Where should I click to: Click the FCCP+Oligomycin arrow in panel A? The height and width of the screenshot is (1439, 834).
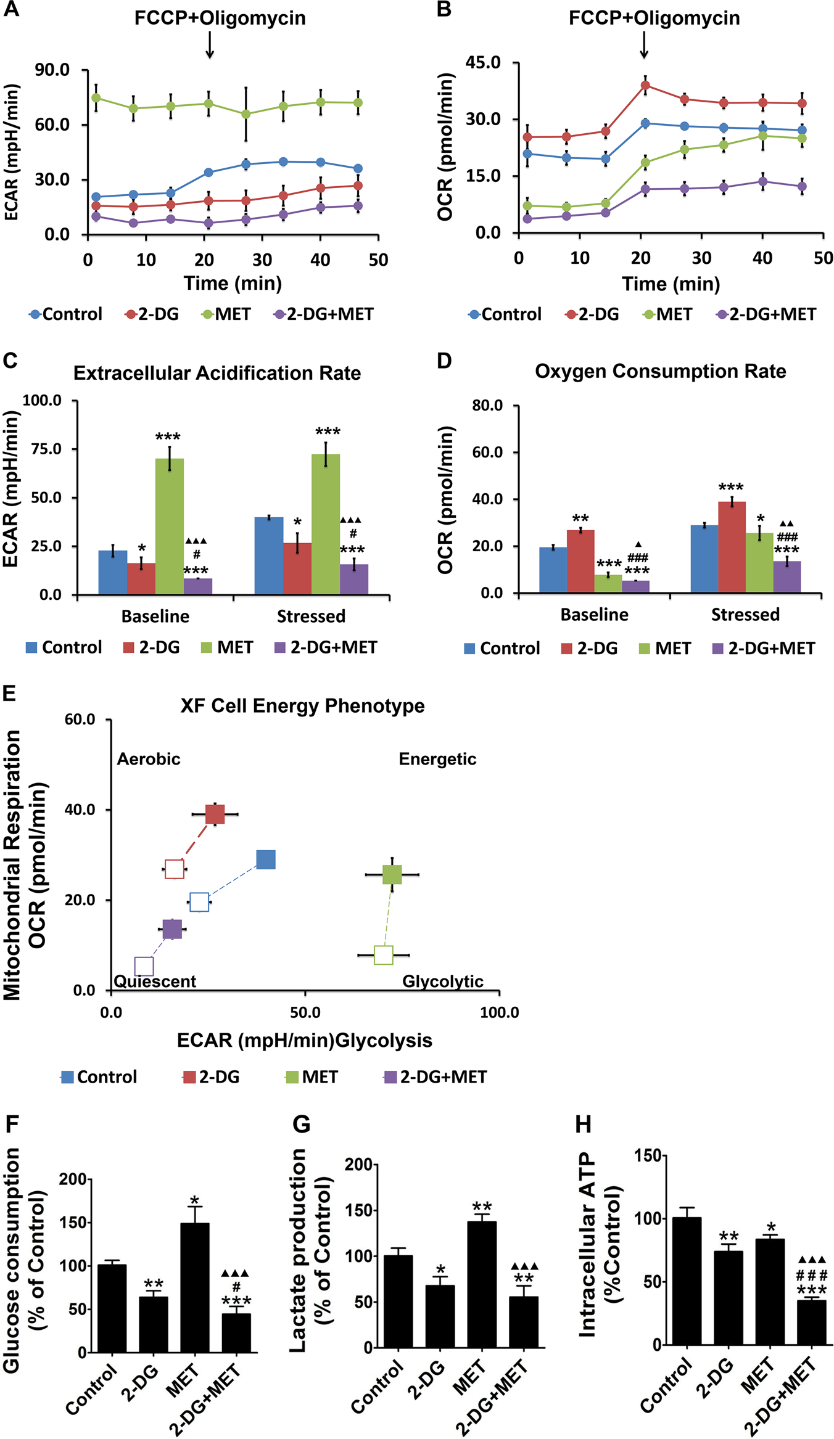[x=210, y=44]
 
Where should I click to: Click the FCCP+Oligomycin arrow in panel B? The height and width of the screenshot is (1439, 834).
[x=644, y=44]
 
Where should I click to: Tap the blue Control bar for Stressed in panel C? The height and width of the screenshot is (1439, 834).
[x=269, y=556]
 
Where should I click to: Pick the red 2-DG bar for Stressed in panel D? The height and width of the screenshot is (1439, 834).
[x=732, y=547]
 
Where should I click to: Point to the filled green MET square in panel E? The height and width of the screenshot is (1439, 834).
[x=392, y=874]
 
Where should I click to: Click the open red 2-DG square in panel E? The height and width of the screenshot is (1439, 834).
[x=175, y=869]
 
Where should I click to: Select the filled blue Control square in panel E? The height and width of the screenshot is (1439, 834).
[x=266, y=859]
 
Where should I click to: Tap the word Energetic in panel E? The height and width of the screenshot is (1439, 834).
[x=437, y=759]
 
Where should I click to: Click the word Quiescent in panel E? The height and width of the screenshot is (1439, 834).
[x=155, y=981]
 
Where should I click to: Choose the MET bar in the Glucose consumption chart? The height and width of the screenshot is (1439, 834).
[x=194, y=1287]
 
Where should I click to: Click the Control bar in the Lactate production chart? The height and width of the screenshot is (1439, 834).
[x=398, y=1301]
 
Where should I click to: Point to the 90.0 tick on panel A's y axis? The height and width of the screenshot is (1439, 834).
[x=52, y=70]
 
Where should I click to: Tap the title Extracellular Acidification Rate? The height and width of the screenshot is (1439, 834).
[x=217, y=373]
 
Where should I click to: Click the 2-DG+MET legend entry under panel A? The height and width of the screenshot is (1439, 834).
[x=324, y=314]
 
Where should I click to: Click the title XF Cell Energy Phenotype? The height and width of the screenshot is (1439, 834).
[x=302, y=705]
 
